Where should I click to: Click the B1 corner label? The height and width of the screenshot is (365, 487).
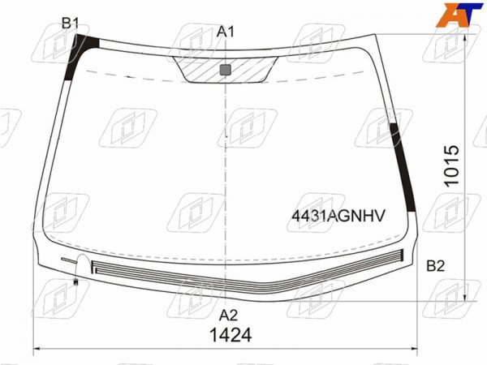[x=70, y=24]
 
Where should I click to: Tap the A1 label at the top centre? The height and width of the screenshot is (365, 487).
[x=226, y=32]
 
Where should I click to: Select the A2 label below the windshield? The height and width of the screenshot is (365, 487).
[x=228, y=316]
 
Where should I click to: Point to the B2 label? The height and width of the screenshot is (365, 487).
[x=435, y=266]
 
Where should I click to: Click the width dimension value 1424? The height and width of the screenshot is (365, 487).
[x=231, y=335]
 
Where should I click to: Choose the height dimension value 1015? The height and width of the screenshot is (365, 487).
[x=451, y=166]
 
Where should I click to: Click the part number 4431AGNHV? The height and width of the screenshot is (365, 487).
[x=338, y=216]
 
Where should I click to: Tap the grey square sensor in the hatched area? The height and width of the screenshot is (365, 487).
[x=225, y=70]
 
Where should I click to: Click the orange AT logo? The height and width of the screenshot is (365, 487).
[x=459, y=15]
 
